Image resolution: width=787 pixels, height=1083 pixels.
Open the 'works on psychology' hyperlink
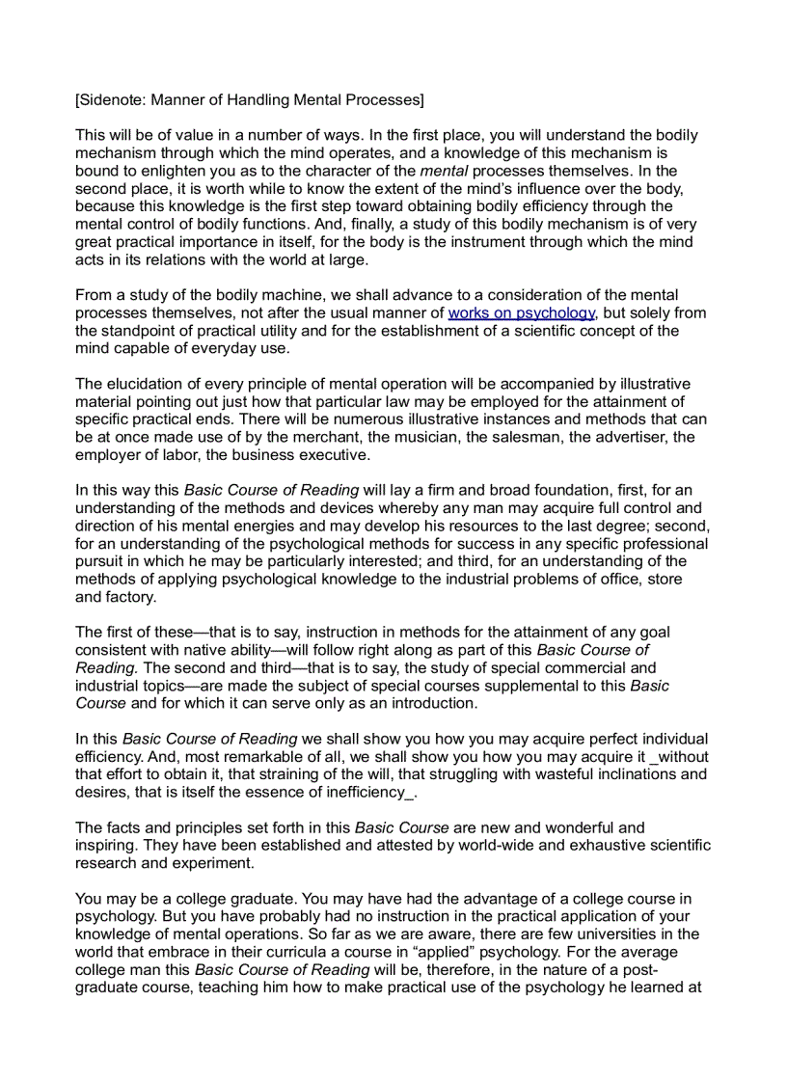coord(521,312)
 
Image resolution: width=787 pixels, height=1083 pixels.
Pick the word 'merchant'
coord(355,437)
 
